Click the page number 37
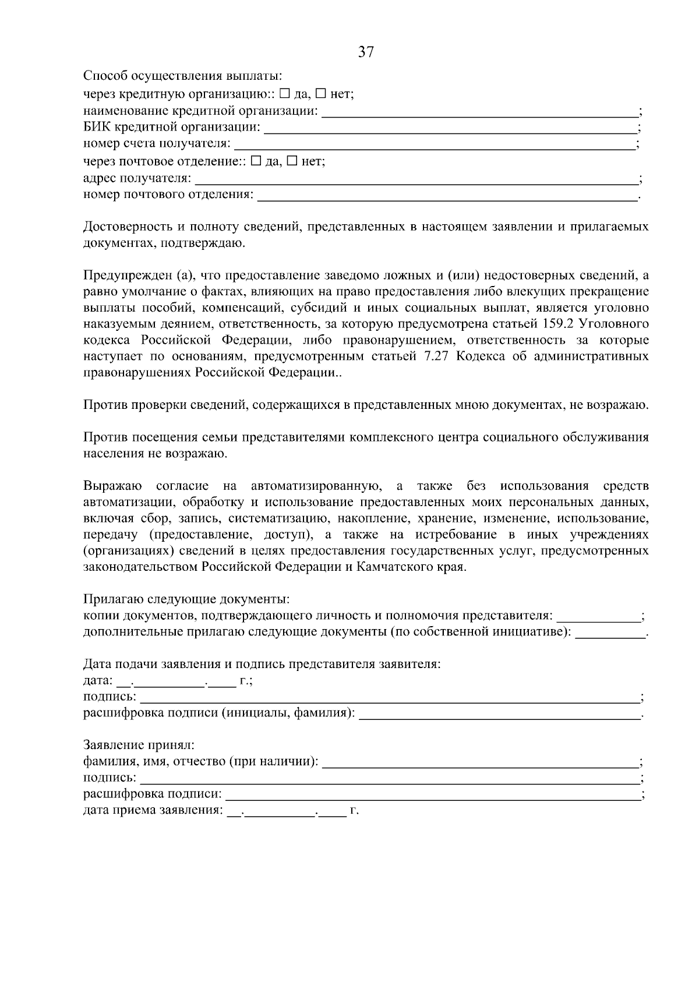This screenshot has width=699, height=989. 365,53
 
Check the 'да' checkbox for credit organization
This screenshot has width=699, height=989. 284,93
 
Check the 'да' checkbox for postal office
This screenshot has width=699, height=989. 256,161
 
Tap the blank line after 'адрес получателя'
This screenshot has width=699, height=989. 416,180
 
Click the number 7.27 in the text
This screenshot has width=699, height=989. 433,356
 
